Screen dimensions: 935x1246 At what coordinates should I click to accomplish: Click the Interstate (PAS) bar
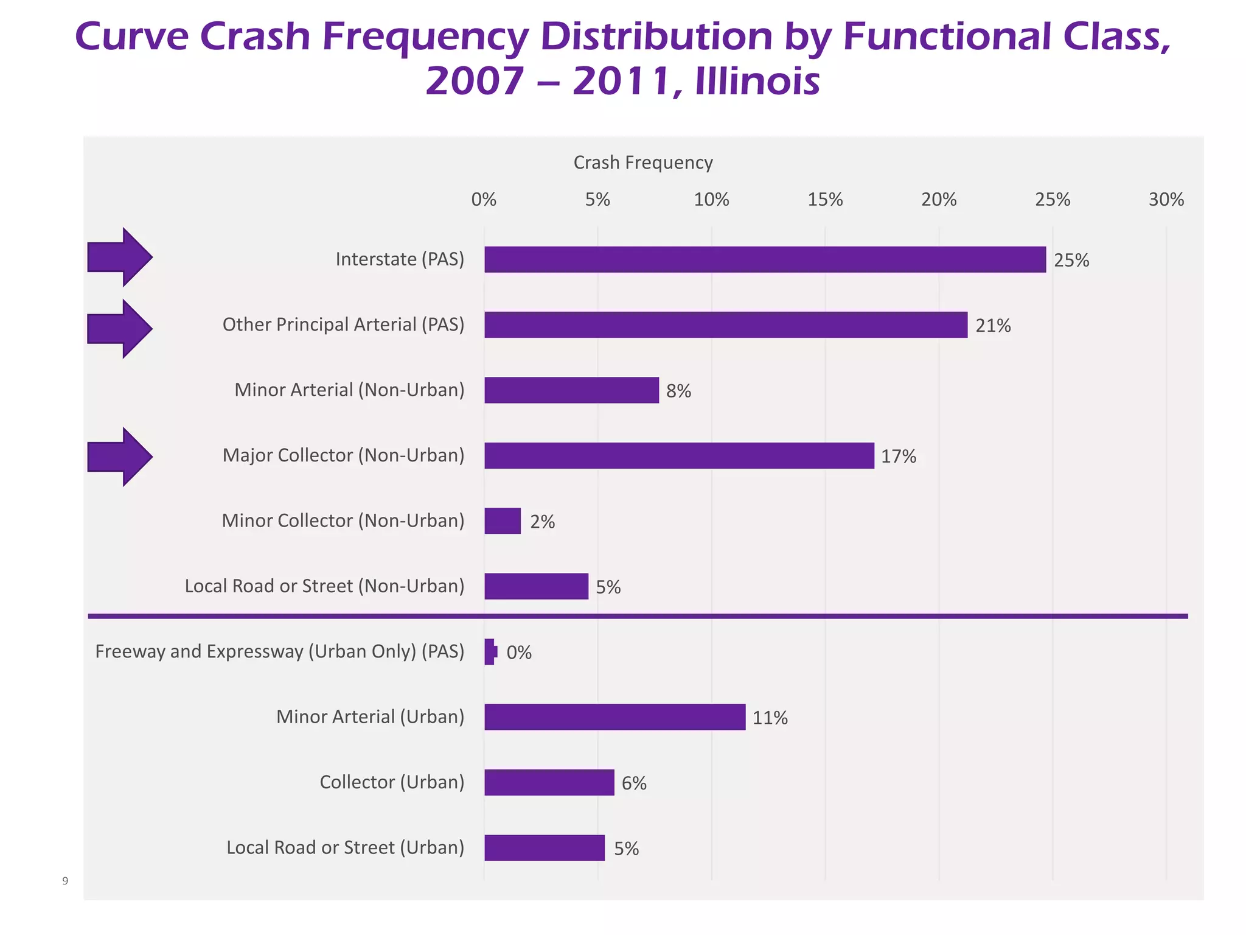click(765, 259)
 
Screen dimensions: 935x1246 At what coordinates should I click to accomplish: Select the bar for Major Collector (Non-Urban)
click(679, 455)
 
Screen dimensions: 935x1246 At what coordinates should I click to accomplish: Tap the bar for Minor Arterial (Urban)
click(614, 716)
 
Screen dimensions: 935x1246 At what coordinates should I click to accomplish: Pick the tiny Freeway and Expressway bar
click(490, 651)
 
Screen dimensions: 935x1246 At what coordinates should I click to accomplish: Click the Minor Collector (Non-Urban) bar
click(503, 521)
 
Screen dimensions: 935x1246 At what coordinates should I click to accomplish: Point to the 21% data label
click(993, 326)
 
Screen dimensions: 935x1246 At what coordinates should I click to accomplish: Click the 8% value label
click(678, 391)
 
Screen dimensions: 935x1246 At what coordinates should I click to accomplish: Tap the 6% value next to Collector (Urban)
click(634, 783)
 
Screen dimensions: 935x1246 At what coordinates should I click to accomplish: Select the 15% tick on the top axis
click(825, 200)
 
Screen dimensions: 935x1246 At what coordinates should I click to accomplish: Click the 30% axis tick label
click(1166, 200)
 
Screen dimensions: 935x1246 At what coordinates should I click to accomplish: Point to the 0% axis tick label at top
click(484, 200)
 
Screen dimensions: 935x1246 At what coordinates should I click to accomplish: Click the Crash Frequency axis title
click(643, 163)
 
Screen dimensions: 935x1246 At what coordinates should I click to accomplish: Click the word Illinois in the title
click(757, 82)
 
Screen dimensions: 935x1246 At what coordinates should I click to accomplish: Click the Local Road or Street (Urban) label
click(345, 847)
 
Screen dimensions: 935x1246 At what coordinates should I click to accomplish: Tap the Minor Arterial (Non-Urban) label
click(349, 390)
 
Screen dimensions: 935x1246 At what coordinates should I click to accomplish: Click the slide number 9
click(65, 881)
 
